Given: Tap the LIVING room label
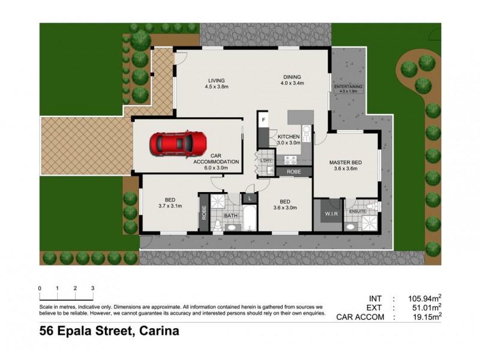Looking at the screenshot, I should pyautogui.click(x=216, y=80).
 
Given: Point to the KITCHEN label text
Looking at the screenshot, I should pyautogui.click(x=289, y=137).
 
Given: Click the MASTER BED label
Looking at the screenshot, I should pyautogui.click(x=345, y=163).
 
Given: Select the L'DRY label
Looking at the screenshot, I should pyautogui.click(x=266, y=160).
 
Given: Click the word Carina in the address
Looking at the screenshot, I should pyautogui.click(x=159, y=331).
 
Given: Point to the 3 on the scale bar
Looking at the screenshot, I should pyautogui.click(x=92, y=288).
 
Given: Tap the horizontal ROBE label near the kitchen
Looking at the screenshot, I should pyautogui.click(x=293, y=172).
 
